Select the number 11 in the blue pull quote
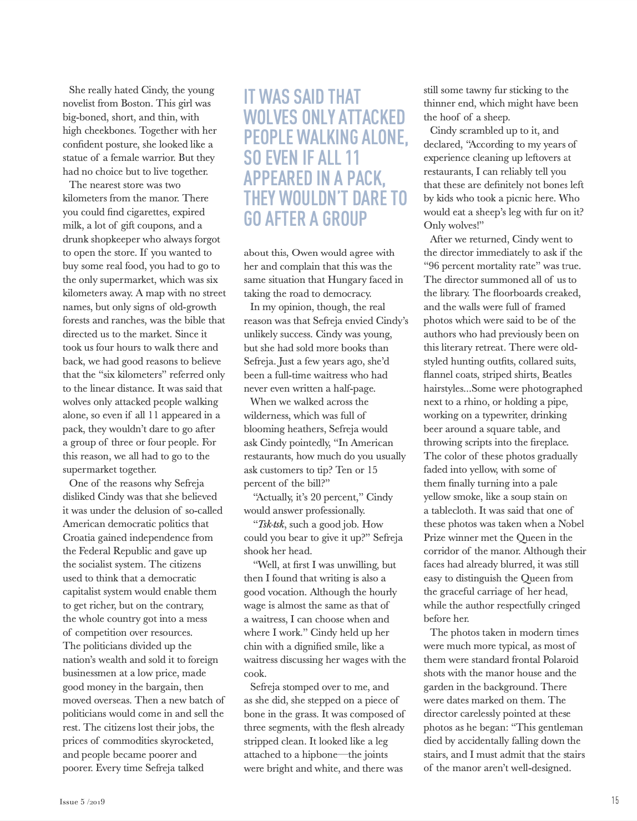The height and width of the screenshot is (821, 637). (353, 158)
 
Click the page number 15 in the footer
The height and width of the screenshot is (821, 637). (615, 800)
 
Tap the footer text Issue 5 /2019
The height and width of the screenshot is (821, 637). (83, 802)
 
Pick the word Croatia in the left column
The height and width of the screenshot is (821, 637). (79, 538)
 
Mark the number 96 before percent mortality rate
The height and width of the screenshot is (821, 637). (434, 266)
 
